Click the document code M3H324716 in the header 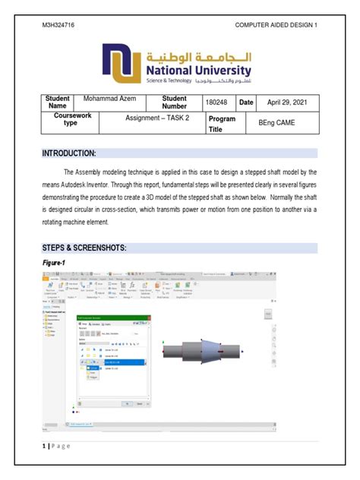click(x=58, y=25)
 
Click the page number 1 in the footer click(x=44, y=446)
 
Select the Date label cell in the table click(x=246, y=102)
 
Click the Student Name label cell click(x=58, y=102)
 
